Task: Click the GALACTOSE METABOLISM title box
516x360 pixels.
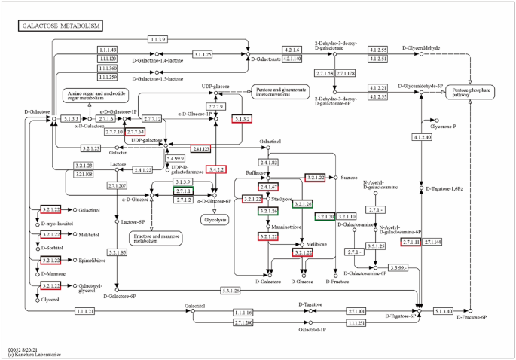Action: click(60, 26)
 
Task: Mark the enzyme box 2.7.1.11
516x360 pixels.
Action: click(411, 242)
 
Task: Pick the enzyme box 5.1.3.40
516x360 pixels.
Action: click(444, 310)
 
